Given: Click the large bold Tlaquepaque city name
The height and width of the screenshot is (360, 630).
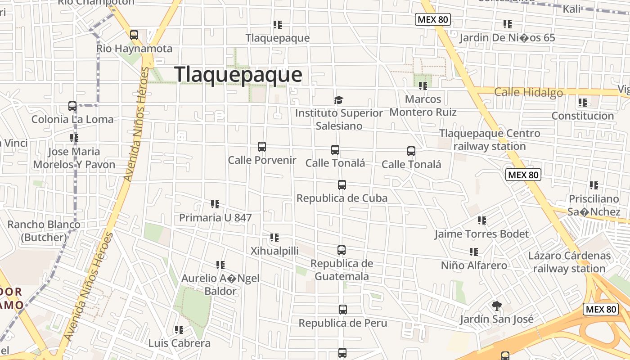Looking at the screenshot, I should click(238, 75).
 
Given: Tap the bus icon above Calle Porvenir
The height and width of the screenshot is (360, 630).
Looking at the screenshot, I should click(262, 147).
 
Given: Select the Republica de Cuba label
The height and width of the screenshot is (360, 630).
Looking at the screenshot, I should click(342, 198).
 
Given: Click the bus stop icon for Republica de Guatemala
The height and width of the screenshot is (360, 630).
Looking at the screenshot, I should click(342, 250).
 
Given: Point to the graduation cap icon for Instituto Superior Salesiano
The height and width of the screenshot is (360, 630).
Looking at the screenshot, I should click(338, 100).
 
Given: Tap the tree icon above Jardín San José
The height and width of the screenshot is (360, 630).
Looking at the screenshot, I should click(496, 306).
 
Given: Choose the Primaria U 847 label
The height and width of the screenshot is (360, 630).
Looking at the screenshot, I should click(215, 218).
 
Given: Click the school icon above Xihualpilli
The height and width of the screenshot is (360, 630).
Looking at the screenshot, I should click(274, 238).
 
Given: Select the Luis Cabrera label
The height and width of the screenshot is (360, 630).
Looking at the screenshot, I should click(179, 343).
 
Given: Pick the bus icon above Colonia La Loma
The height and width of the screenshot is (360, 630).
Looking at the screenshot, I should click(72, 106).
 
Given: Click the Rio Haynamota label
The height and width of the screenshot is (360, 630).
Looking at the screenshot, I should click(134, 49).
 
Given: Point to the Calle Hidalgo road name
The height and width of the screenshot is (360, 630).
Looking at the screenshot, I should click(528, 93).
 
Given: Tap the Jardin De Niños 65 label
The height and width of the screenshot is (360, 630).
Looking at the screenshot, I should click(507, 38).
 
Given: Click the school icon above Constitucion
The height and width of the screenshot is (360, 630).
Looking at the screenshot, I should click(583, 103).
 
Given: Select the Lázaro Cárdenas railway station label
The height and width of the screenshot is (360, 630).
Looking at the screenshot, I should click(569, 262).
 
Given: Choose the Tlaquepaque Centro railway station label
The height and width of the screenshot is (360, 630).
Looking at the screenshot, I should click(490, 140).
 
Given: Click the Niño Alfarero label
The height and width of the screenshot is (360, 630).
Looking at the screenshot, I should click(474, 265).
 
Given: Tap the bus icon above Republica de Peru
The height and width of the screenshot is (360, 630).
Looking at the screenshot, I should click(343, 310).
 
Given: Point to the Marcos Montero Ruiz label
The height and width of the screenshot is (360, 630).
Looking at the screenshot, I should click(423, 105).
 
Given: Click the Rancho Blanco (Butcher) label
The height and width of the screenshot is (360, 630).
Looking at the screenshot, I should click(44, 231).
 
